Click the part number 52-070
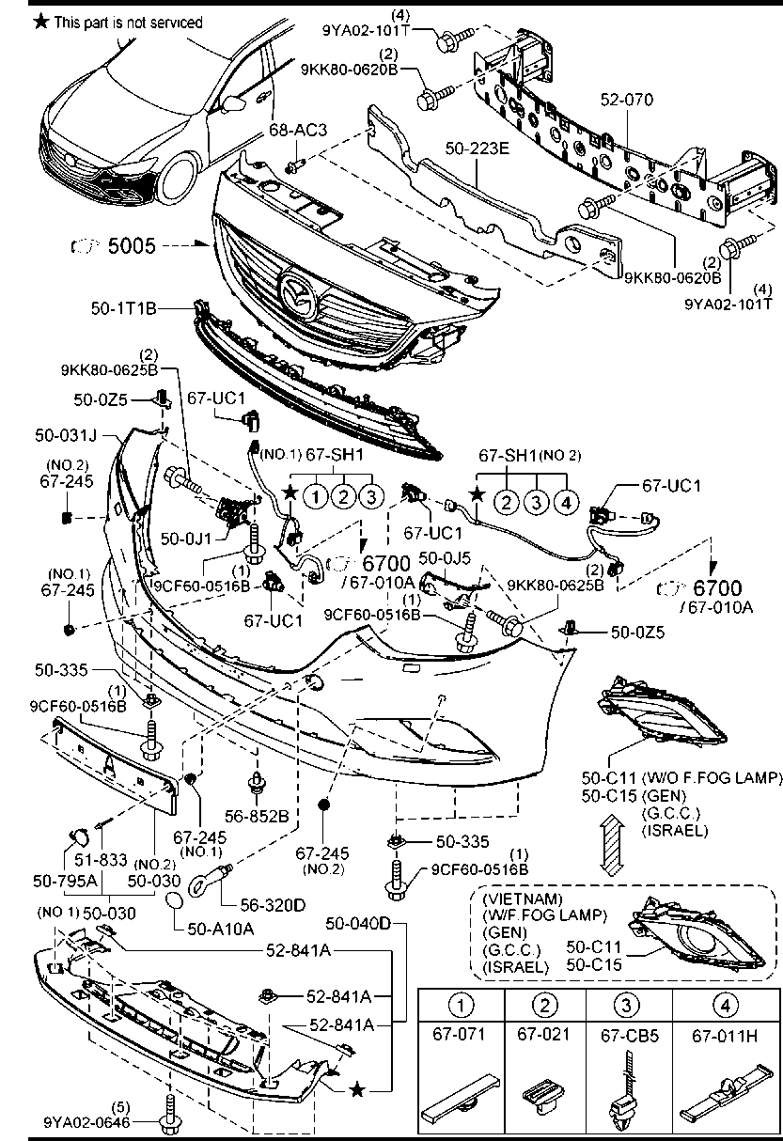click(x=626, y=100)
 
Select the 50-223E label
click(x=477, y=148)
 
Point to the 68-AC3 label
click(x=298, y=130)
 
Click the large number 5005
click(x=132, y=245)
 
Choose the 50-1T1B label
click(x=124, y=308)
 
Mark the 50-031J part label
click(x=66, y=435)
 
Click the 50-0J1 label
click(x=185, y=539)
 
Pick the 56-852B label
click(x=257, y=816)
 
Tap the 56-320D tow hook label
click(x=273, y=905)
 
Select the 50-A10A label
click(x=221, y=929)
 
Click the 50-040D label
click(x=357, y=922)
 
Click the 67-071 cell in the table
click(x=460, y=1034)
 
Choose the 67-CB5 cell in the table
click(x=630, y=1036)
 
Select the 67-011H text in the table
click(x=725, y=1036)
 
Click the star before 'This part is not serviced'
click(x=41, y=22)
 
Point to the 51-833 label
click(x=101, y=859)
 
